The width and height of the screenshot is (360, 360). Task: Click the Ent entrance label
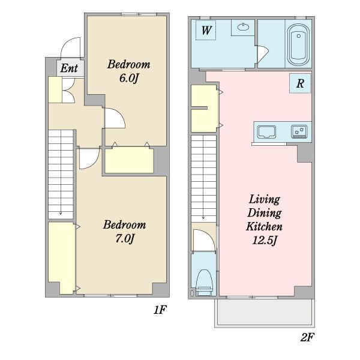pyautogui.click(x=69, y=68)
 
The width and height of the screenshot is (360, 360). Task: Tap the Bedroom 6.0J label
pyautogui.click(x=129, y=71)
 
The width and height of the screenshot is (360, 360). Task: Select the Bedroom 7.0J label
pyautogui.click(x=124, y=232)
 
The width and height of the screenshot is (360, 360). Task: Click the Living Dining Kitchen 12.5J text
pyautogui.click(x=264, y=220)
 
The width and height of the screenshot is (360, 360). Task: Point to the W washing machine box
pyautogui.click(x=206, y=30)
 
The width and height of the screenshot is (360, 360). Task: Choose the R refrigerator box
pyautogui.click(x=300, y=83)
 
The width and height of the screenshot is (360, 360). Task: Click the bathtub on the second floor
pyautogui.click(x=298, y=44)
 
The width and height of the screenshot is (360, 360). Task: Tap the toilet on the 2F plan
pyautogui.click(x=204, y=283)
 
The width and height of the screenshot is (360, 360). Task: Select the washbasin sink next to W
pyautogui.click(x=243, y=27)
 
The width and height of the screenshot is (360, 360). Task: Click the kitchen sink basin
pyautogui.click(x=266, y=132)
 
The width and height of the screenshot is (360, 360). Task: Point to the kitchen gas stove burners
pyautogui.click(x=299, y=131)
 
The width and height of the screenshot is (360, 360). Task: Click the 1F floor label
pyautogui.click(x=160, y=310)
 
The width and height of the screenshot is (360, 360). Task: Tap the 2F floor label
pyautogui.click(x=307, y=337)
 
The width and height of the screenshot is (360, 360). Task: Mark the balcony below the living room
pyautogui.click(x=265, y=312)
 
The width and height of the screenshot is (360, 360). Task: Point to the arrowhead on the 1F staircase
pyautogui.click(x=61, y=214)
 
